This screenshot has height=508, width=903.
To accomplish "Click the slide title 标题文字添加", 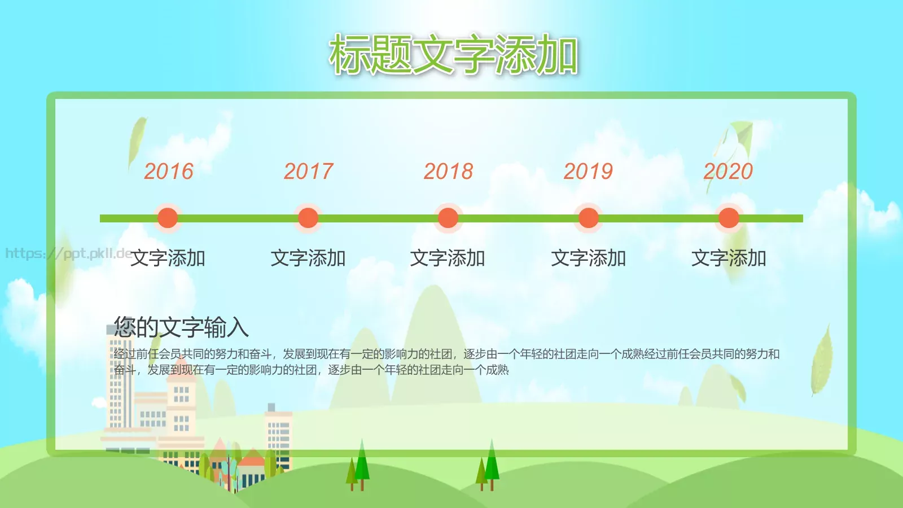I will click(453, 55).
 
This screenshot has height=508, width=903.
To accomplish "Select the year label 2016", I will click(169, 171).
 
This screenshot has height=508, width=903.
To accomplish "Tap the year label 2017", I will click(309, 171).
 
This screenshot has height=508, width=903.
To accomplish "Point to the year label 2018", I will click(449, 171).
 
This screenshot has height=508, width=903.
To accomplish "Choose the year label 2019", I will click(588, 171).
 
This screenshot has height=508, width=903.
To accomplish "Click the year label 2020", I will click(728, 171).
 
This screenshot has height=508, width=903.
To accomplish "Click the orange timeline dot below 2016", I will click(168, 218).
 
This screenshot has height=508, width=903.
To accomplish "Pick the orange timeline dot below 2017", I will click(308, 218).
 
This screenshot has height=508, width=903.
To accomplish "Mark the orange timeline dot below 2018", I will click(448, 218).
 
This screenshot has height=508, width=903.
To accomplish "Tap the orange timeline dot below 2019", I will click(588, 218).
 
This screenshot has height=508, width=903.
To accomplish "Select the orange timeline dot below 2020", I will click(729, 218).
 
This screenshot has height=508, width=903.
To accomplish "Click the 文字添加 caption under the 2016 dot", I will click(168, 259).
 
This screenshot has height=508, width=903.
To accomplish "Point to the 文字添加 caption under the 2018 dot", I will click(448, 259).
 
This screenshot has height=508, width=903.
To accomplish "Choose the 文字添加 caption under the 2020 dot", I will click(729, 259).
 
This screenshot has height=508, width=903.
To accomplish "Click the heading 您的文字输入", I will click(181, 327).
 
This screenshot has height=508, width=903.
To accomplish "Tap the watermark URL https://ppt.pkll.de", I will click(68, 253).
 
